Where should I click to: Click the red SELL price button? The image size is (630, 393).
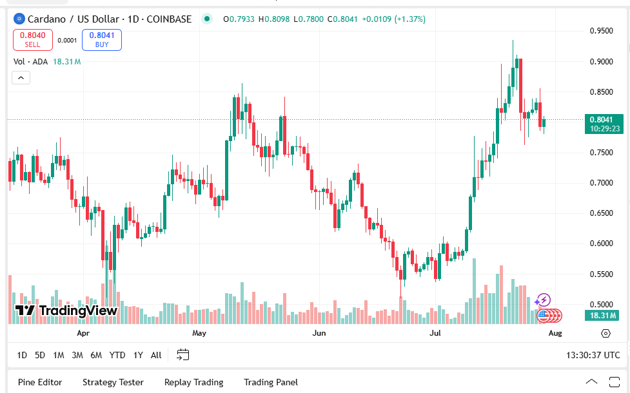click(32, 40)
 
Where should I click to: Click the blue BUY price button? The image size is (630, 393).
click(102, 40)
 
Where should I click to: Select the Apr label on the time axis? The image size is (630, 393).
click(83, 333)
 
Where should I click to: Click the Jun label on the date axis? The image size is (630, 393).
click(319, 333)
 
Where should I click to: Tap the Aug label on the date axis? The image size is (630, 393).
click(555, 333)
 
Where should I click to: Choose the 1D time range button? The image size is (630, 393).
click(22, 355)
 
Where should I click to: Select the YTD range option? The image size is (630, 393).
click(117, 355)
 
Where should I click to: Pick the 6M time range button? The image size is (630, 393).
click(96, 355)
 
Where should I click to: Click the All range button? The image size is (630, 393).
click(156, 355)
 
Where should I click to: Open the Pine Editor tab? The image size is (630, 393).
click(40, 382)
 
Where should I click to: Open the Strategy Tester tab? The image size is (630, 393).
click(113, 382)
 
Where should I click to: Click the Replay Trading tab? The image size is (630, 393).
click(193, 382)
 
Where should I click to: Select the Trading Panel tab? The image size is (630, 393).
click(271, 382)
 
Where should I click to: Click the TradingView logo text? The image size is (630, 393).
click(67, 311)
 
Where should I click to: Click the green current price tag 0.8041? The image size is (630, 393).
click(605, 120)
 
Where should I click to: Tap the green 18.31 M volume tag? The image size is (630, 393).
click(604, 315)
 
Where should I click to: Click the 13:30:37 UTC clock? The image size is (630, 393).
click(593, 355)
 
